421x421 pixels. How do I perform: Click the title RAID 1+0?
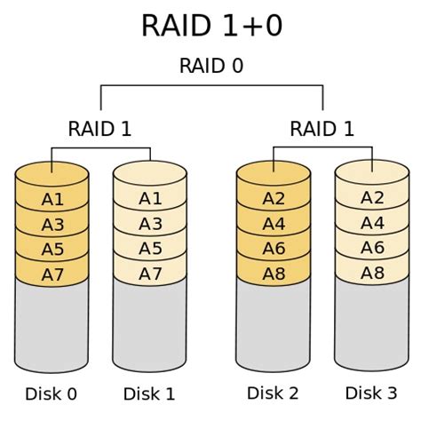pos(211,26)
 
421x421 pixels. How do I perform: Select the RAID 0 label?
pos(211,67)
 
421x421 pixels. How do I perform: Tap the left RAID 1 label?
pos(99,129)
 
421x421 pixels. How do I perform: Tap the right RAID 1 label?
pos(322,129)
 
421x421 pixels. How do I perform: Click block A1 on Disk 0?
pos(52,200)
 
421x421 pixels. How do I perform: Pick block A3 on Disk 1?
pos(150,224)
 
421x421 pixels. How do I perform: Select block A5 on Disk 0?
pos(52,249)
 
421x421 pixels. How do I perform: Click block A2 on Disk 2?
pos(274,200)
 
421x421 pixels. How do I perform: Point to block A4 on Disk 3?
pos(371,224)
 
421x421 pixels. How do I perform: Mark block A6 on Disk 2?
pos(274,249)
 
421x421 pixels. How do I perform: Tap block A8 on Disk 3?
pos(371,273)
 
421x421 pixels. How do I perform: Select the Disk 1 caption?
pos(150,393)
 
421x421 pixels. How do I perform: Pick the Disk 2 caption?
pos(274,393)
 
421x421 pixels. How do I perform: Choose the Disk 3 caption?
pos(371,393)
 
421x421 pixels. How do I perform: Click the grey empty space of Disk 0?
pos(52,324)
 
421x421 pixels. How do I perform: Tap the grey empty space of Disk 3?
pos(371,324)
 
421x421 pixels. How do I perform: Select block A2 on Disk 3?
pos(371,200)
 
